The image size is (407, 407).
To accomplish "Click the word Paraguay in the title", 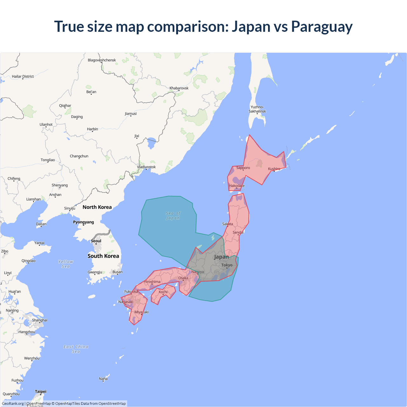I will click(x=322, y=27).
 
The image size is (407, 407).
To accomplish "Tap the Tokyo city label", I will click(x=227, y=265).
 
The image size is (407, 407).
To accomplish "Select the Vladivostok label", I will click(x=146, y=167).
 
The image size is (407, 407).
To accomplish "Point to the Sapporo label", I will click(x=243, y=168).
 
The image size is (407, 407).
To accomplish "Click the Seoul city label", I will click(x=96, y=241).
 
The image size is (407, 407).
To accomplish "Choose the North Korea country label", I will click(x=97, y=207).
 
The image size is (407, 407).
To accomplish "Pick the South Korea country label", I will click(x=103, y=256).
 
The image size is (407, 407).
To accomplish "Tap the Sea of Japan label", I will click(x=173, y=216).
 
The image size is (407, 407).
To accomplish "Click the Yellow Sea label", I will click(x=66, y=264).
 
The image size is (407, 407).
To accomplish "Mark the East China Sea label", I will click(x=76, y=349).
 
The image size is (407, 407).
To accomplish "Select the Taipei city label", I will click(x=41, y=391).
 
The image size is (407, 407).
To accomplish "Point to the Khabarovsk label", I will click(x=179, y=88).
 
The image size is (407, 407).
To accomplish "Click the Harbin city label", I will click(x=93, y=129).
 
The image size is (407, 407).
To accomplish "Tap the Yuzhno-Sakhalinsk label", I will click(x=257, y=109).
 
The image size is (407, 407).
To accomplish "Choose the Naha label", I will click(x=103, y=379).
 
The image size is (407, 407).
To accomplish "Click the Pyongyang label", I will click(x=83, y=222).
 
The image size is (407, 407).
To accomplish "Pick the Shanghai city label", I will click(x=40, y=320).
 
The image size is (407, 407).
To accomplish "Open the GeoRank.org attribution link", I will click(x=13, y=404).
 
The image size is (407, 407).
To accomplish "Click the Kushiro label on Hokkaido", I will click(x=274, y=169).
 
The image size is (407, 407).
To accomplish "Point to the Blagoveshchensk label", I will click(x=102, y=60).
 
